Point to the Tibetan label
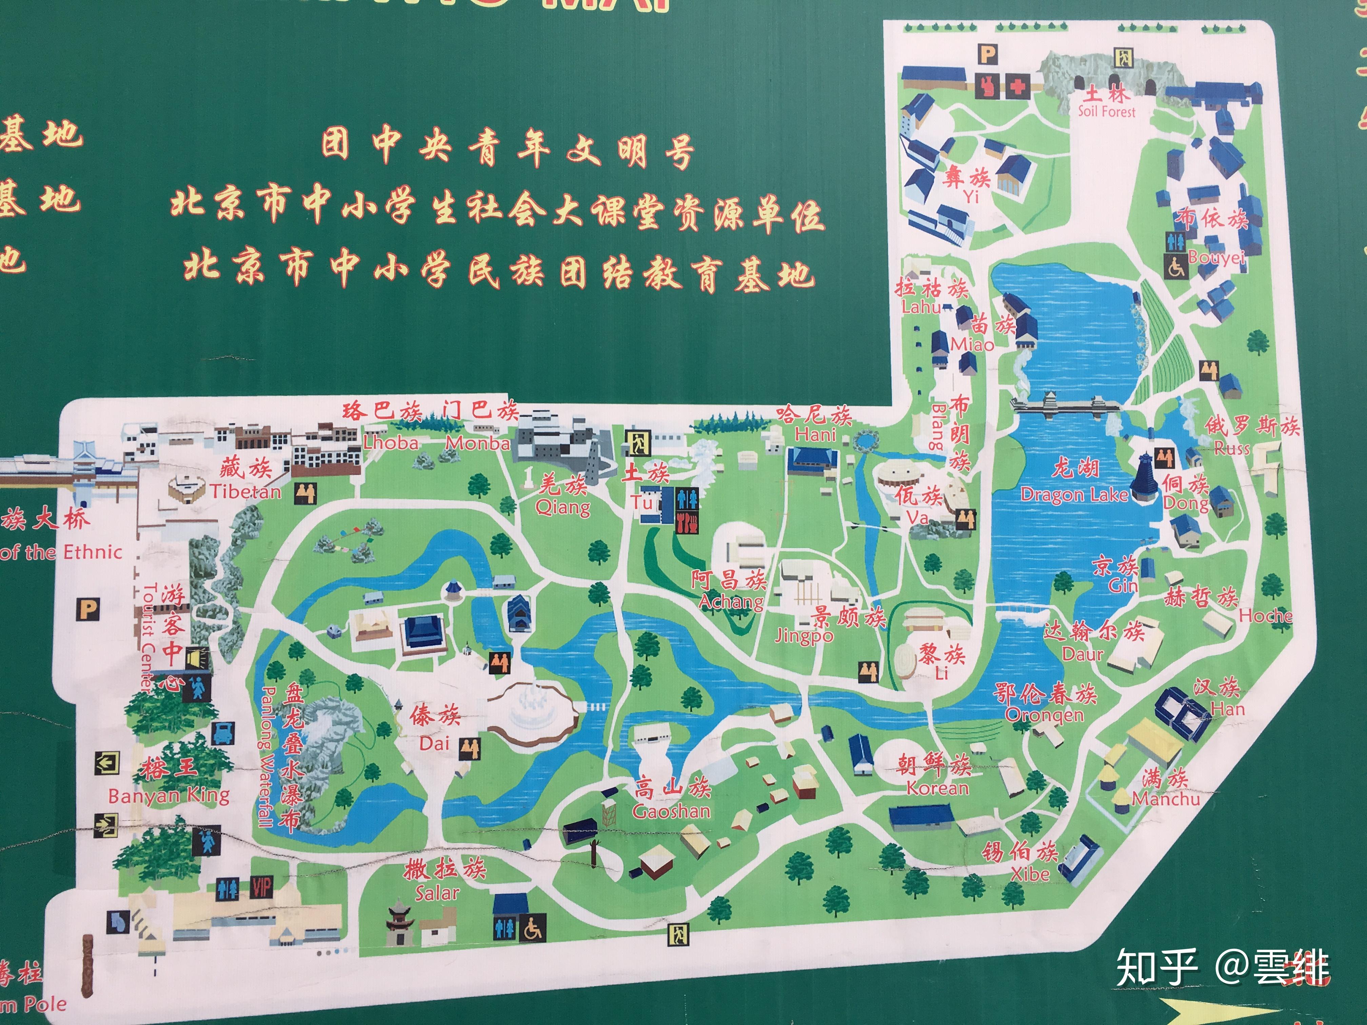pos(245,491)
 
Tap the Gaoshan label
pos(671,810)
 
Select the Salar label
pos(437,893)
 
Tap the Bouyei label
pos(1216,257)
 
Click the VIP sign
pos(261,888)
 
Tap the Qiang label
pos(562,508)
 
